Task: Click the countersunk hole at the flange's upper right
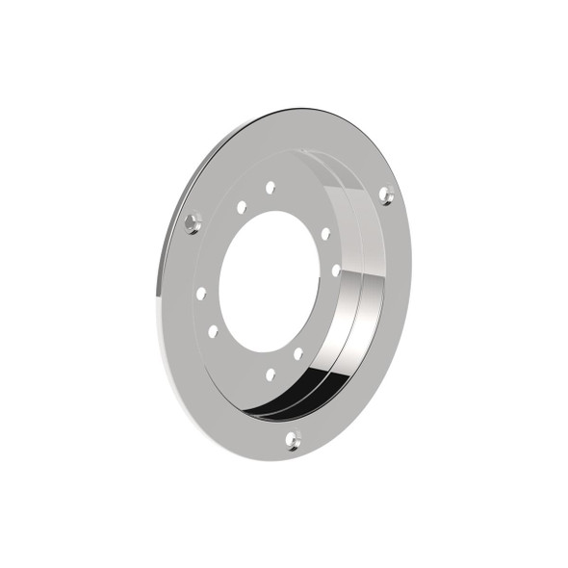tap(386, 195)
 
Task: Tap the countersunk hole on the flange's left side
tap(193, 224)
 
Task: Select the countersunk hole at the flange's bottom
tap(293, 440)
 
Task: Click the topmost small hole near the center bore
tap(271, 187)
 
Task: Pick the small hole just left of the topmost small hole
tap(241, 206)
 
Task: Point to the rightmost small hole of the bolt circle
tap(336, 271)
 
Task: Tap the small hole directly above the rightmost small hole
tap(325, 234)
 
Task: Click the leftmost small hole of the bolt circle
tap(200, 293)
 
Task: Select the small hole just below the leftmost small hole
tap(213, 331)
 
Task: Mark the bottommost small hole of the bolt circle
tap(271, 374)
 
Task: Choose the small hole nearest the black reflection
tap(298, 353)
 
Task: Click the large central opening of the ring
tap(270, 279)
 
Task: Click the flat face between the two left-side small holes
tap(205, 312)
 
